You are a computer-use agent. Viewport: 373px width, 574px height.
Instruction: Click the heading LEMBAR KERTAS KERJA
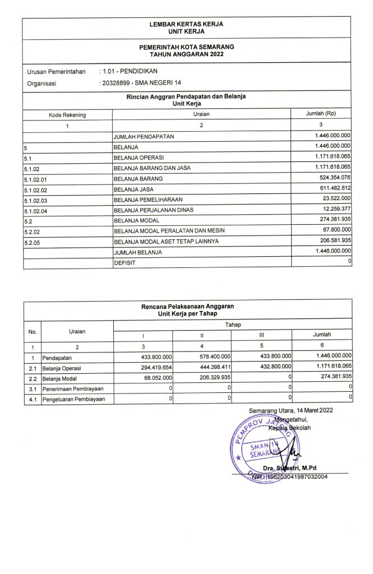[x=187, y=25]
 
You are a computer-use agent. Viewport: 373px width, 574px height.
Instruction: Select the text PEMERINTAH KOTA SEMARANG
[x=187, y=47]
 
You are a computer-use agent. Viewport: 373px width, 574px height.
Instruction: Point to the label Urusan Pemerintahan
[x=56, y=72]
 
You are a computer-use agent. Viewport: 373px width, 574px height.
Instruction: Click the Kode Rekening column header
[x=67, y=115]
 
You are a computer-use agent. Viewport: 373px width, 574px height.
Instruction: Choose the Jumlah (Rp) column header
[x=320, y=114]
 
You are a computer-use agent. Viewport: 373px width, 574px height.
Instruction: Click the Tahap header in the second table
[x=233, y=325]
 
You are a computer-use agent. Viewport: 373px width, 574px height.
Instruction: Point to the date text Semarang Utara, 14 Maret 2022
[x=291, y=411]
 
